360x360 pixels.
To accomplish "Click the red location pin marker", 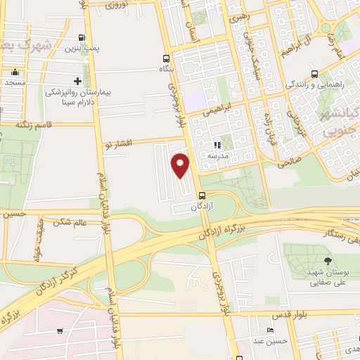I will tap(181, 165).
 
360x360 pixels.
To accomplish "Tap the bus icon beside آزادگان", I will tap(202, 195).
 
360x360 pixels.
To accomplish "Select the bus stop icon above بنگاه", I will tap(166, 59).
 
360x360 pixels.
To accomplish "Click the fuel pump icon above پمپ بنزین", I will tap(83, 38).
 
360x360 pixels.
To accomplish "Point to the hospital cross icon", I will tap(77, 82).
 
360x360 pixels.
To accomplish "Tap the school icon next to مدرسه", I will tap(217, 146).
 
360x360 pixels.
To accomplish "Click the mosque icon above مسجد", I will tap(15, 72).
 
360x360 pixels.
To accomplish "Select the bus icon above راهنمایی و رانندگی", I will tap(314, 74).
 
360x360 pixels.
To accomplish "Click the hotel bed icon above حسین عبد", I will tap(271, 330).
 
